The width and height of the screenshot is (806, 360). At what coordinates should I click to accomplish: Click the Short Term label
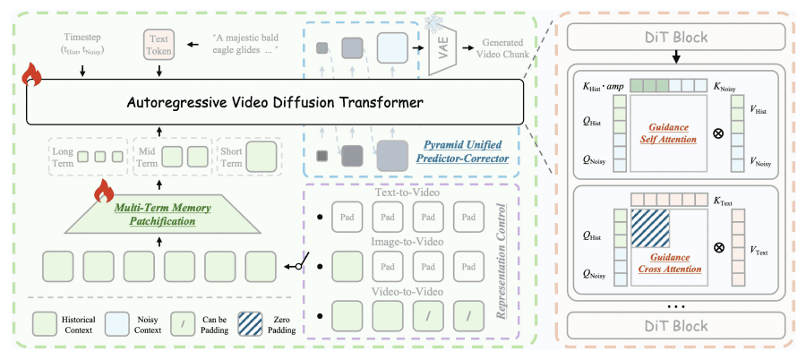tap(232, 158)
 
